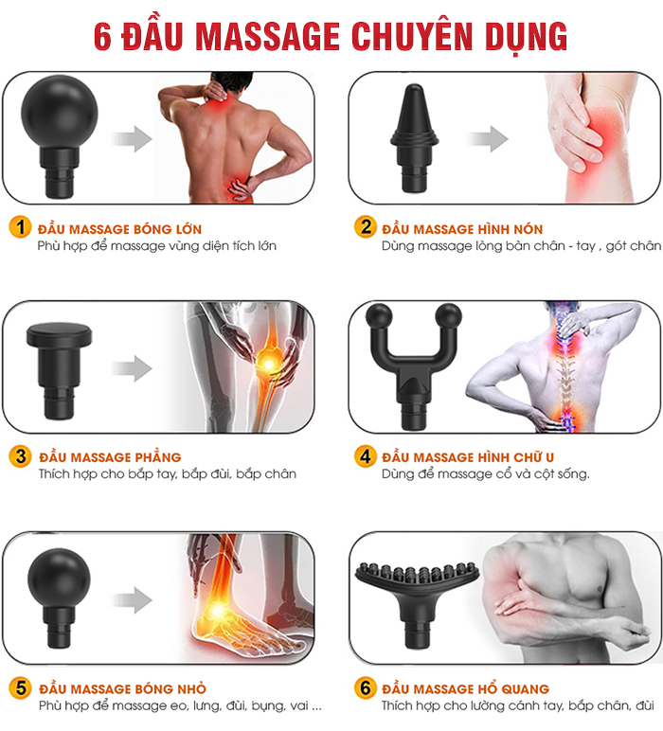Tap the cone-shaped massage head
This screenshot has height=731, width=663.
click(x=414, y=138)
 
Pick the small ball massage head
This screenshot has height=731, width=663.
click(x=59, y=597)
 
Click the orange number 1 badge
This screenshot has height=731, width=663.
click(x=20, y=227)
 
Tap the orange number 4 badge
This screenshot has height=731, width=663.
click(x=365, y=456)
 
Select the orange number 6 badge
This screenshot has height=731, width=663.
click(x=365, y=687)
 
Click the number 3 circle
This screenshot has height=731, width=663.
click(x=20, y=456)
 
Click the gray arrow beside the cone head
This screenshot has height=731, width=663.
click(x=488, y=138)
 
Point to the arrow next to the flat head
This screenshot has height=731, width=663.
click(x=132, y=368)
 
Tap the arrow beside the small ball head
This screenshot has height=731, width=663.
click(x=133, y=600)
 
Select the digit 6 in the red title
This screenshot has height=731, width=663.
click(x=102, y=36)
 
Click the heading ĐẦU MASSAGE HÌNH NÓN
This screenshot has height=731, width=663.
click(x=462, y=229)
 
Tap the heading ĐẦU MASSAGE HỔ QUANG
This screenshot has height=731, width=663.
click(x=465, y=689)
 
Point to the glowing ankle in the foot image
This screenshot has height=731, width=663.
click(x=217, y=609)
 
